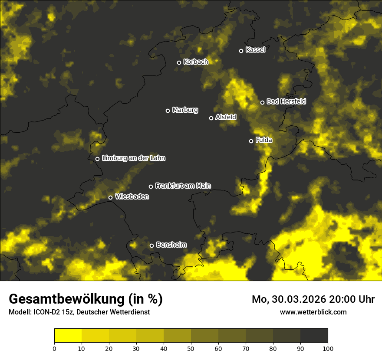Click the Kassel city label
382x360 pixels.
coord(255,50)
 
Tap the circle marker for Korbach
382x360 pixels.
coord(179,62)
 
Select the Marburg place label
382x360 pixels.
coord(185,110)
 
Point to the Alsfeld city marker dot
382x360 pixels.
coord(211,118)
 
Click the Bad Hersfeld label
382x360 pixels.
coord(286,101)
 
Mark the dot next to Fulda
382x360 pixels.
coord(251,141)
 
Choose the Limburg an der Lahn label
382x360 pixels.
coord(133,158)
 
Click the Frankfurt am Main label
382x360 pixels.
coord(183,186)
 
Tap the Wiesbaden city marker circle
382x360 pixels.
coord(111,197)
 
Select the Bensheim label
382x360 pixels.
coord(171,245)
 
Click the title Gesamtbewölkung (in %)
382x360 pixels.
coord(86,299)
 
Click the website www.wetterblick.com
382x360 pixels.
coord(313,312)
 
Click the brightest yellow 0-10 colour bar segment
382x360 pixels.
coord(68,336)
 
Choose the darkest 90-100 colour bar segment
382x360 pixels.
coord(314,336)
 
